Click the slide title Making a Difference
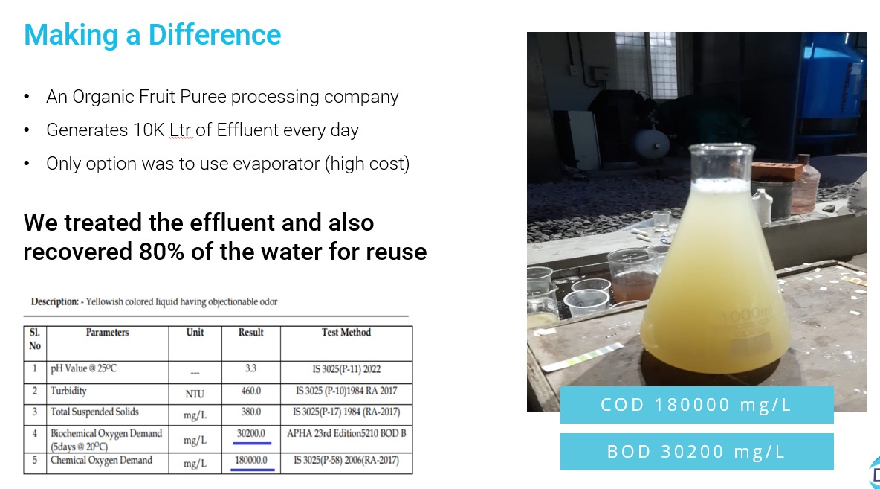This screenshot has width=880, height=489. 152,35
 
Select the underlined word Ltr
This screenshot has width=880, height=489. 180,130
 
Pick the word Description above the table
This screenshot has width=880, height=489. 54,302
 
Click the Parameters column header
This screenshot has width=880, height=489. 107,332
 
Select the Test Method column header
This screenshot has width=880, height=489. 346,332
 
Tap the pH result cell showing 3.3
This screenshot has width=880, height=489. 251,368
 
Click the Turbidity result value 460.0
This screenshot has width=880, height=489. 251,391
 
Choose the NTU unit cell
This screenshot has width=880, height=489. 195,394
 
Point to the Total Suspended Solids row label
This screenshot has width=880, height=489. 94,412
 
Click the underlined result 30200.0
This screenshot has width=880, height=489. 251,433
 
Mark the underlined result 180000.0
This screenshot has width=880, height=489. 251,460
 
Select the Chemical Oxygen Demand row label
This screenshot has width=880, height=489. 101,460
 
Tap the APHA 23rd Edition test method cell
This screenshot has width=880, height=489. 346,433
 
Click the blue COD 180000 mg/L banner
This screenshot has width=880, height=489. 696,405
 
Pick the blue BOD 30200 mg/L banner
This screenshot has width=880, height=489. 696,451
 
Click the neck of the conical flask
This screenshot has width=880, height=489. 721,163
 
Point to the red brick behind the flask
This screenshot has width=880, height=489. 776,170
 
